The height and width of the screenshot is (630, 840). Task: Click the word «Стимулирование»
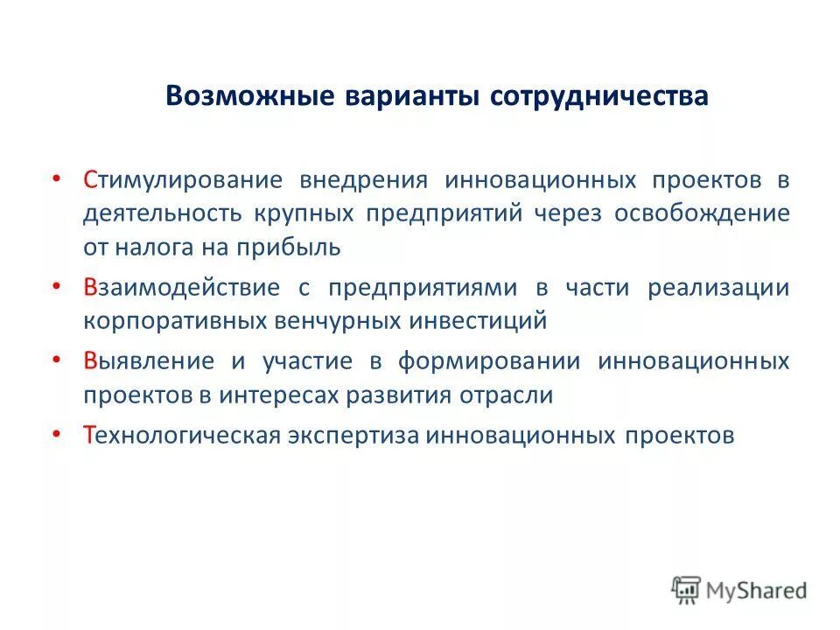pos(183,180)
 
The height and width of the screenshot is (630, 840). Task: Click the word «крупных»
pos(305,213)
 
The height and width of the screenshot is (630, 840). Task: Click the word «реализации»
pos(718,288)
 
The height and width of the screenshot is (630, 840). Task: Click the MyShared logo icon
pos(688,590)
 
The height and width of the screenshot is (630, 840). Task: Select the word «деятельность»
pos(162,213)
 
